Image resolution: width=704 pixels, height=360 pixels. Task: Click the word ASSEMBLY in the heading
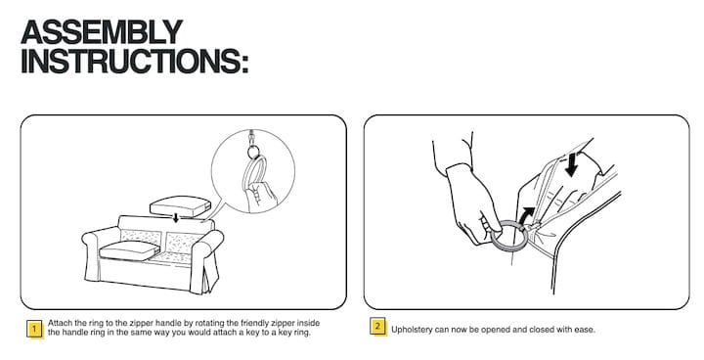pos(102,32)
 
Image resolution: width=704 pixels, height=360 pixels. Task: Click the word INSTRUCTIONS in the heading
pos(130,61)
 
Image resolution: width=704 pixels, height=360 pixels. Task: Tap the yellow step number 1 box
pos(34,329)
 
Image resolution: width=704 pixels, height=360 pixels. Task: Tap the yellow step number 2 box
pos(377,327)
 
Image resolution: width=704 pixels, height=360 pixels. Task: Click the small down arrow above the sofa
pos(176,218)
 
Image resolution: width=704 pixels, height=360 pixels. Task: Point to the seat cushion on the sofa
pos(129,250)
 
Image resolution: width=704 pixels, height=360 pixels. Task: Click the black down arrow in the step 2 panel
pos(572,164)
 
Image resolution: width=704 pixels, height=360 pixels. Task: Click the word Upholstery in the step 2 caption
pos(412,330)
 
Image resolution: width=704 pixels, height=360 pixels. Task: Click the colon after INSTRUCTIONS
pos(244,64)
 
